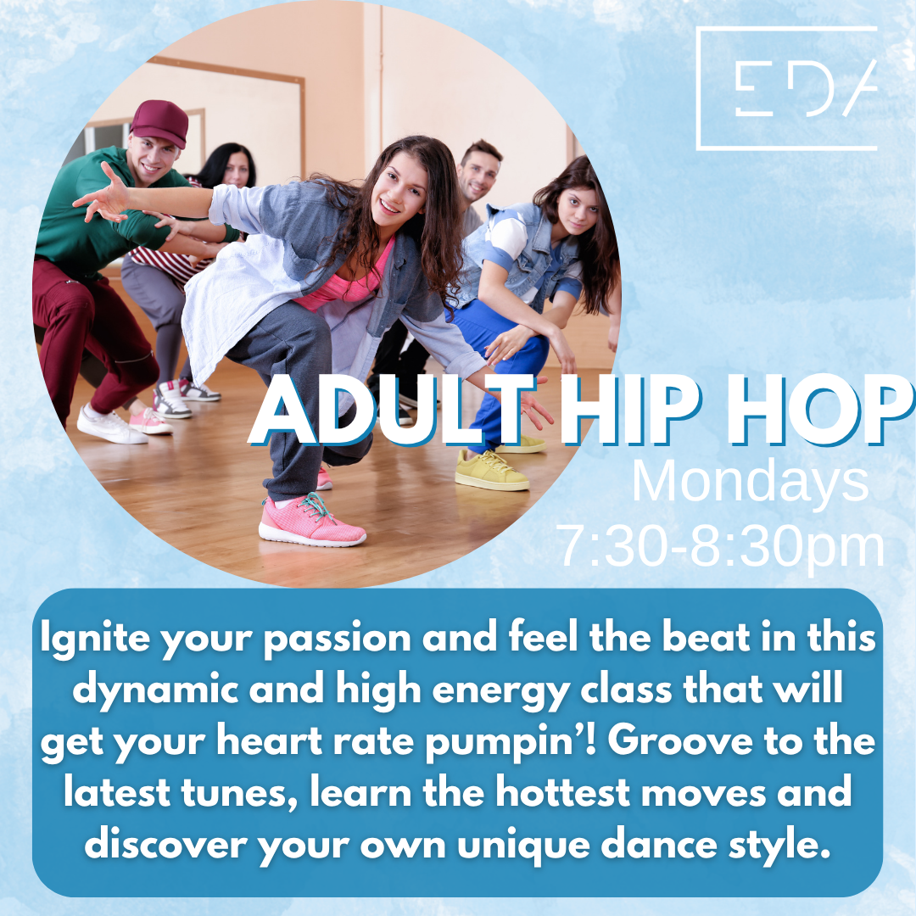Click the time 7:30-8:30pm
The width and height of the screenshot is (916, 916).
[x=722, y=547]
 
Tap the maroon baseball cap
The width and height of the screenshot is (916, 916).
[x=159, y=123]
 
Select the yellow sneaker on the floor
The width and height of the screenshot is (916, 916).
[x=492, y=470]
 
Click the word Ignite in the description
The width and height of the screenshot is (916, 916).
[x=95, y=639]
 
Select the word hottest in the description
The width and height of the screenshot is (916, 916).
[x=562, y=793]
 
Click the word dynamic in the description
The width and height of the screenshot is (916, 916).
[x=155, y=690]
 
